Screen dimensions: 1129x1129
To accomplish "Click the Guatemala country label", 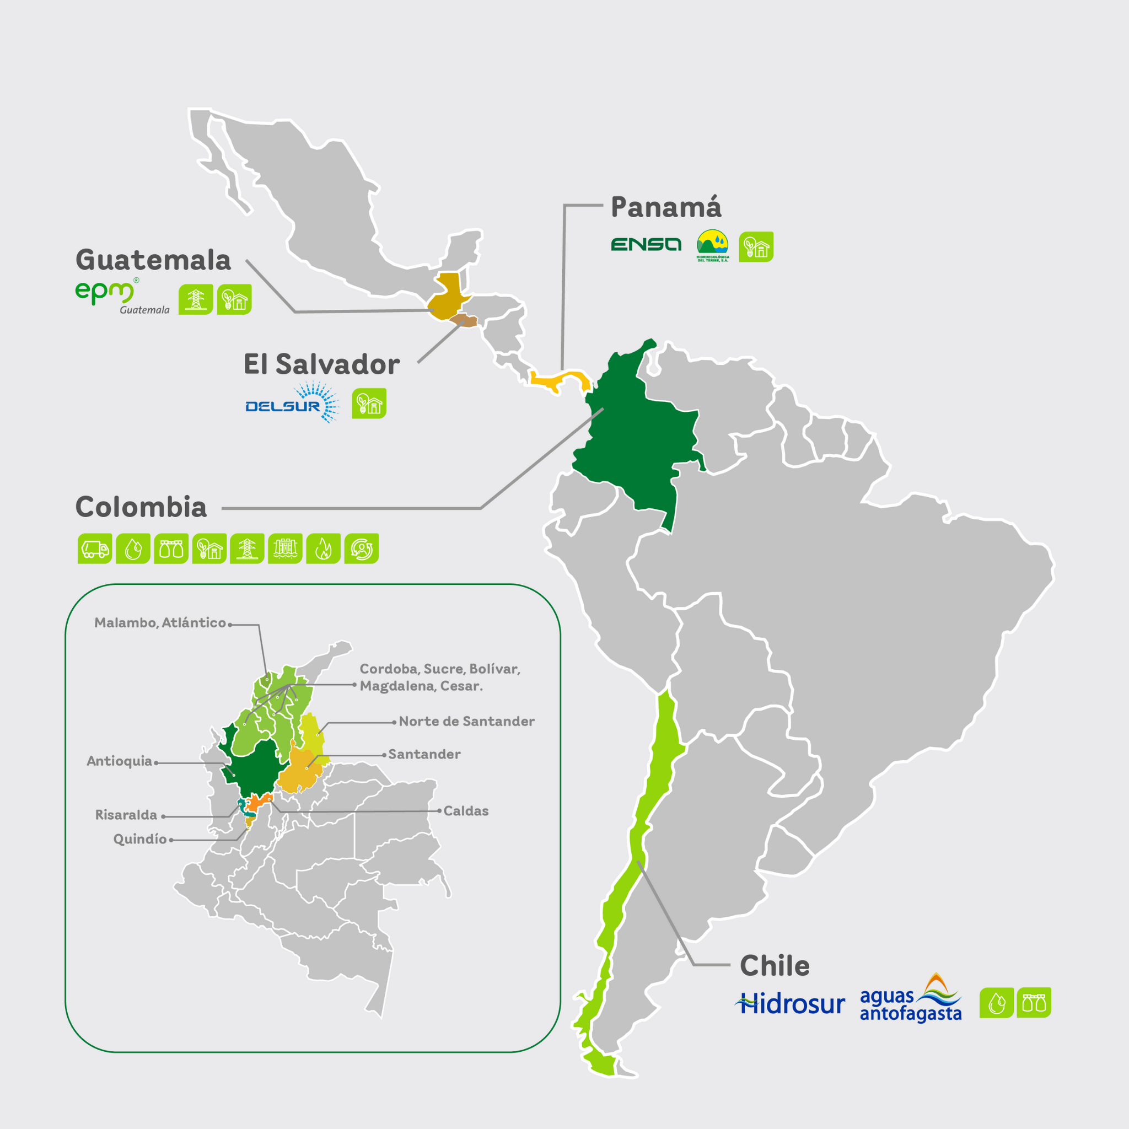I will tap(153, 260).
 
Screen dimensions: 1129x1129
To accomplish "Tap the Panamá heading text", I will tap(665, 207).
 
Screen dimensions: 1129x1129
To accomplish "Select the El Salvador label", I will tap(321, 364).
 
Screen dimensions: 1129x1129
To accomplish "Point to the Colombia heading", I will tap(141, 507).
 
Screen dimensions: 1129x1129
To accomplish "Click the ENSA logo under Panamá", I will tap(646, 244).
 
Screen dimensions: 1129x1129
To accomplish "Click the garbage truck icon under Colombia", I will tap(95, 549).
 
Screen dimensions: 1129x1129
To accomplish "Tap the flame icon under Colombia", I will tap(323, 549).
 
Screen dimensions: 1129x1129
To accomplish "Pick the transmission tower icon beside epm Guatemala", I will tap(196, 299).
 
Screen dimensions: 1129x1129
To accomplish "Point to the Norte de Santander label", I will tap(466, 722).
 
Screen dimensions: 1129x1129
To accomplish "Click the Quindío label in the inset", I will tap(140, 839).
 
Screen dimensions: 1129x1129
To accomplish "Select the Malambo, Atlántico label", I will tap(160, 623).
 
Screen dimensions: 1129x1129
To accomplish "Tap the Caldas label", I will tap(466, 811).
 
